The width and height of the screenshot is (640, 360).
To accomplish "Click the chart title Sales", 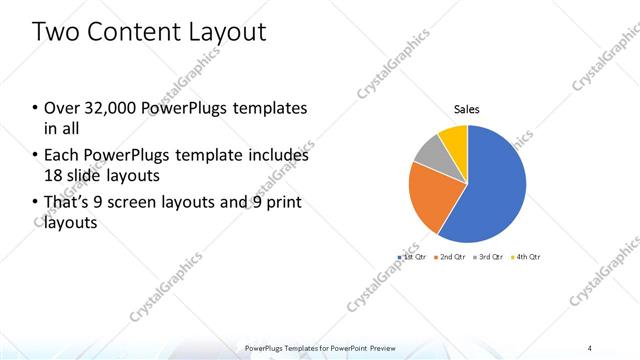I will (x=467, y=109).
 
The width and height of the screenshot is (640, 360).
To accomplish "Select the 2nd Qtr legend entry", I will (x=451, y=257).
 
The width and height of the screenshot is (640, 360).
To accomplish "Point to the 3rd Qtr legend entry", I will (x=489, y=257).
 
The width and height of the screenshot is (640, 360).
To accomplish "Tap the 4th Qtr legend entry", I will (x=526, y=257).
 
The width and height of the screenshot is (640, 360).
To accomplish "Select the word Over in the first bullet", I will (x=61, y=108).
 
